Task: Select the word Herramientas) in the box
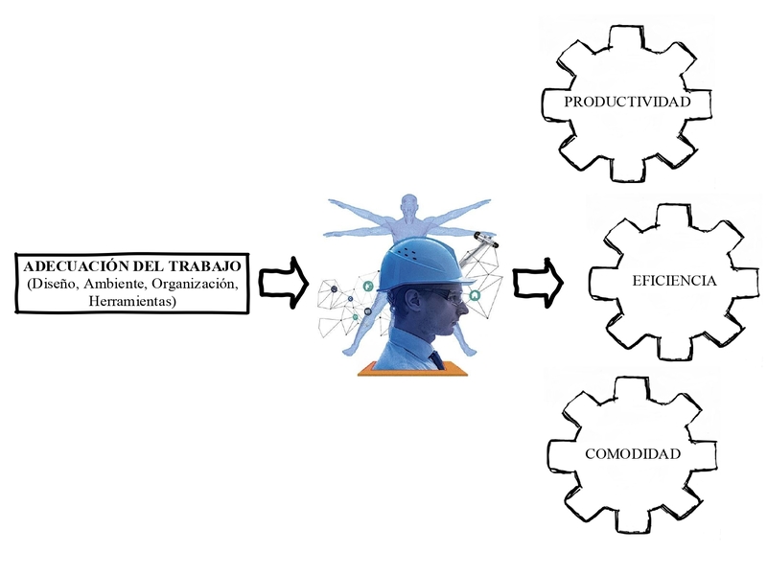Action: [x=132, y=301]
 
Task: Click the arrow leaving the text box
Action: [x=283, y=283]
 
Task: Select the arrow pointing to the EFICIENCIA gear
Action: [x=538, y=283]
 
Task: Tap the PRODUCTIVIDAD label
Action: [x=627, y=102]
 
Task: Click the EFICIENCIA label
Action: [x=674, y=281]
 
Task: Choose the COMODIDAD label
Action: [x=633, y=453]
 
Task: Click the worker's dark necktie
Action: [x=436, y=359]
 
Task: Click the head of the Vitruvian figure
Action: [x=410, y=204]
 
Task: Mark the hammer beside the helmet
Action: [x=476, y=249]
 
